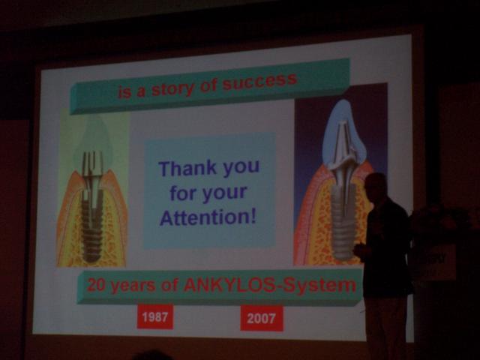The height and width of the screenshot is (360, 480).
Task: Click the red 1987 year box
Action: (x=155, y=316)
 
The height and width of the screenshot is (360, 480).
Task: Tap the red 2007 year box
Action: (x=262, y=318)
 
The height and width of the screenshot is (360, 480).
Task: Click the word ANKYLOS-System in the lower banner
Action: (x=270, y=285)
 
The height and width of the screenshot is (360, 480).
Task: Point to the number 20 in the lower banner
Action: (x=97, y=285)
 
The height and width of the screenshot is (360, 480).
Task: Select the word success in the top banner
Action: (x=259, y=81)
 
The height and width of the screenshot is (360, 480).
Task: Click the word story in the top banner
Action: (x=172, y=89)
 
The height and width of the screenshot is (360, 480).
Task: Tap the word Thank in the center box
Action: (x=187, y=168)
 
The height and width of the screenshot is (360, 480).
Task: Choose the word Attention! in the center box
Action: (x=208, y=217)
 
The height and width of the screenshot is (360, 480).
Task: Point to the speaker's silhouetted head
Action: (x=376, y=187)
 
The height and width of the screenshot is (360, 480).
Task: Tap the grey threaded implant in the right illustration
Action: (x=343, y=220)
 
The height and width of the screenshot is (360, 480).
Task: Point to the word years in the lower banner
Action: (x=133, y=286)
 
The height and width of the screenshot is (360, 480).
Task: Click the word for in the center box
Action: (x=183, y=193)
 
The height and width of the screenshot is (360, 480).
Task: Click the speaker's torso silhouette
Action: (x=386, y=245)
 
